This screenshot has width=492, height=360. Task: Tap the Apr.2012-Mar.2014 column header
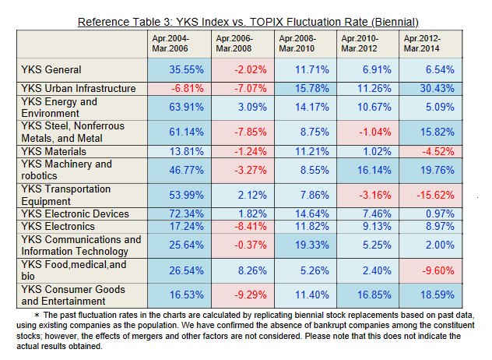[422, 43]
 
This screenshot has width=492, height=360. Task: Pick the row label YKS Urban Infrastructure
[79, 89]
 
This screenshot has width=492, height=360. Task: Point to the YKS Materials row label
[54, 150]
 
